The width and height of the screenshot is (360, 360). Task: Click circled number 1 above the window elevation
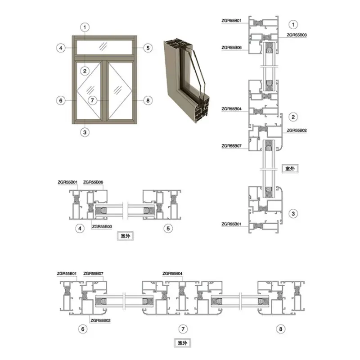coord(85,27)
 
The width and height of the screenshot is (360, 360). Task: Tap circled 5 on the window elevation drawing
coord(148,48)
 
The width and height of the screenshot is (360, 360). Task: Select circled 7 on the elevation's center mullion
coord(93,100)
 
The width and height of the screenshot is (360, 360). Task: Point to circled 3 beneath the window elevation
coord(85,132)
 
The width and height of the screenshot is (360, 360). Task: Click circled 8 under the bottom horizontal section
coord(280,329)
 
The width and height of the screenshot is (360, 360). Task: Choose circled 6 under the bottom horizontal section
coord(83,329)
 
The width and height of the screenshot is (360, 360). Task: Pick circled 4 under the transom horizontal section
coord(80,229)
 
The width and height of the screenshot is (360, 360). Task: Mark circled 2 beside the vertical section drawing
coord(293,117)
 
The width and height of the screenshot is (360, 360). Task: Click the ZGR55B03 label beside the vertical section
coord(297,35)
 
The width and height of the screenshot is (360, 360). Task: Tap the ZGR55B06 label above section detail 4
coord(93,182)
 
